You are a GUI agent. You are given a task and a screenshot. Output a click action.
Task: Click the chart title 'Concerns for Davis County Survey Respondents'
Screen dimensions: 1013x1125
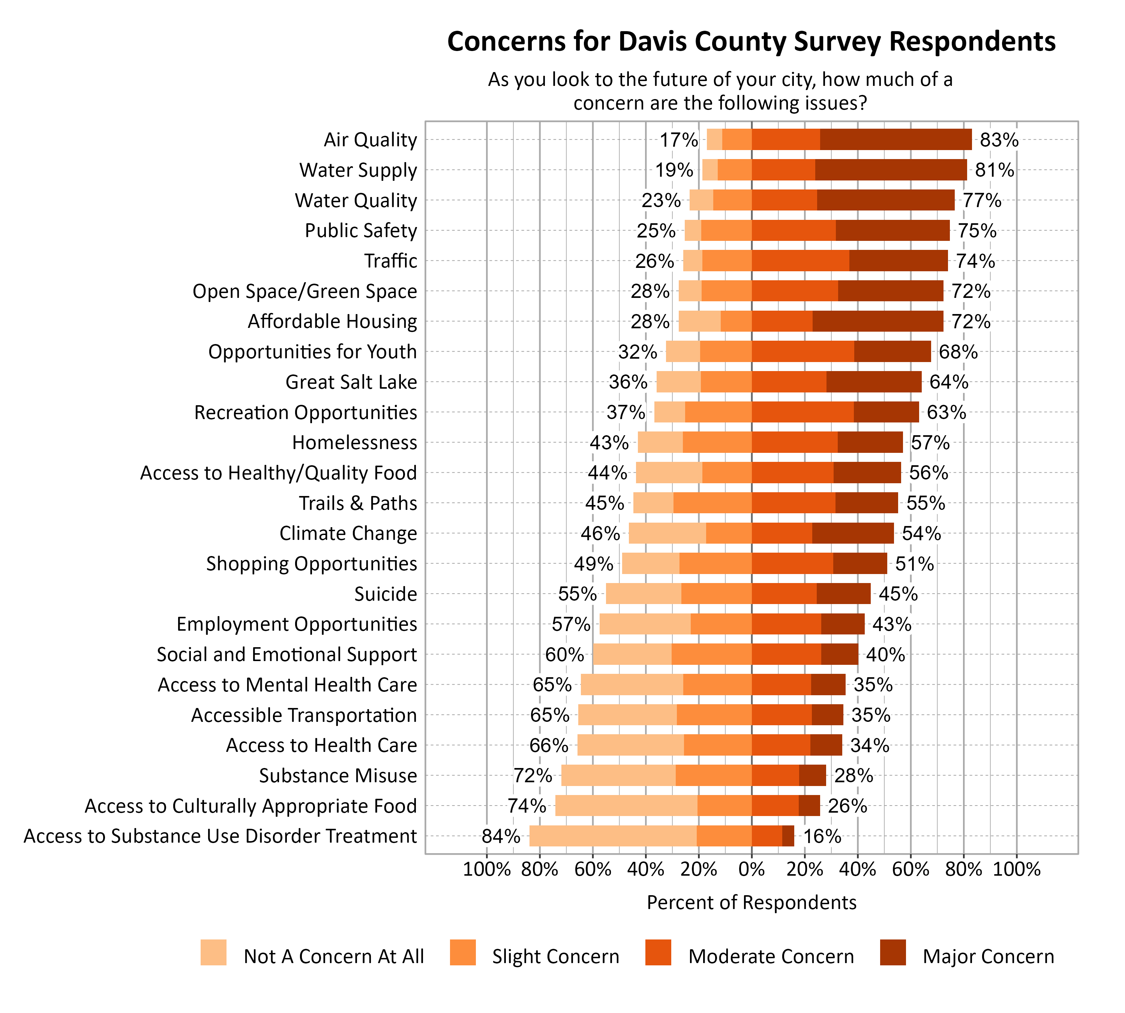pyautogui.click(x=751, y=41)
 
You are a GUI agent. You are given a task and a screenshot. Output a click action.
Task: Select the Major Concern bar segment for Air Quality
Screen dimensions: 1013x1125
pyautogui.click(x=896, y=139)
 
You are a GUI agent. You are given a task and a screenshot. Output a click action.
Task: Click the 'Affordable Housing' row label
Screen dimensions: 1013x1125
pyautogui.click(x=332, y=321)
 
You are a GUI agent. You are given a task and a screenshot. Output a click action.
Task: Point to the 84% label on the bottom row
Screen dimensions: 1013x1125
pyautogui.click(x=501, y=836)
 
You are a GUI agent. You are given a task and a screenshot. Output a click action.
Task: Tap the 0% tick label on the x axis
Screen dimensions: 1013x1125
pyautogui.click(x=751, y=869)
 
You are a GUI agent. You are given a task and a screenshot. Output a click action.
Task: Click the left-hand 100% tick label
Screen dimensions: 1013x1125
pyautogui.click(x=486, y=869)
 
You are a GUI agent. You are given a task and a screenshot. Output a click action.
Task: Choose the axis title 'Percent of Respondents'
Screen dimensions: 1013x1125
pyautogui.click(x=751, y=902)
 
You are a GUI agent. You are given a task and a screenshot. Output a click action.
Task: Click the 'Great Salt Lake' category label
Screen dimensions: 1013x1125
pyautogui.click(x=351, y=382)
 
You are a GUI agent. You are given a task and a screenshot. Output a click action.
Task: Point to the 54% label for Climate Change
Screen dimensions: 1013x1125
pyautogui.click(x=921, y=533)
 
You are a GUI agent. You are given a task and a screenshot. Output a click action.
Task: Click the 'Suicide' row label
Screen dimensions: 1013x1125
pyautogui.click(x=385, y=594)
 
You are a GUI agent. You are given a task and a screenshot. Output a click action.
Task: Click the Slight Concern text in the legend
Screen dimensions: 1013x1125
pyautogui.click(x=555, y=956)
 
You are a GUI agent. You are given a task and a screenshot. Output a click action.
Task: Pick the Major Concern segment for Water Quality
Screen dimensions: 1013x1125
pyautogui.click(x=886, y=200)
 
